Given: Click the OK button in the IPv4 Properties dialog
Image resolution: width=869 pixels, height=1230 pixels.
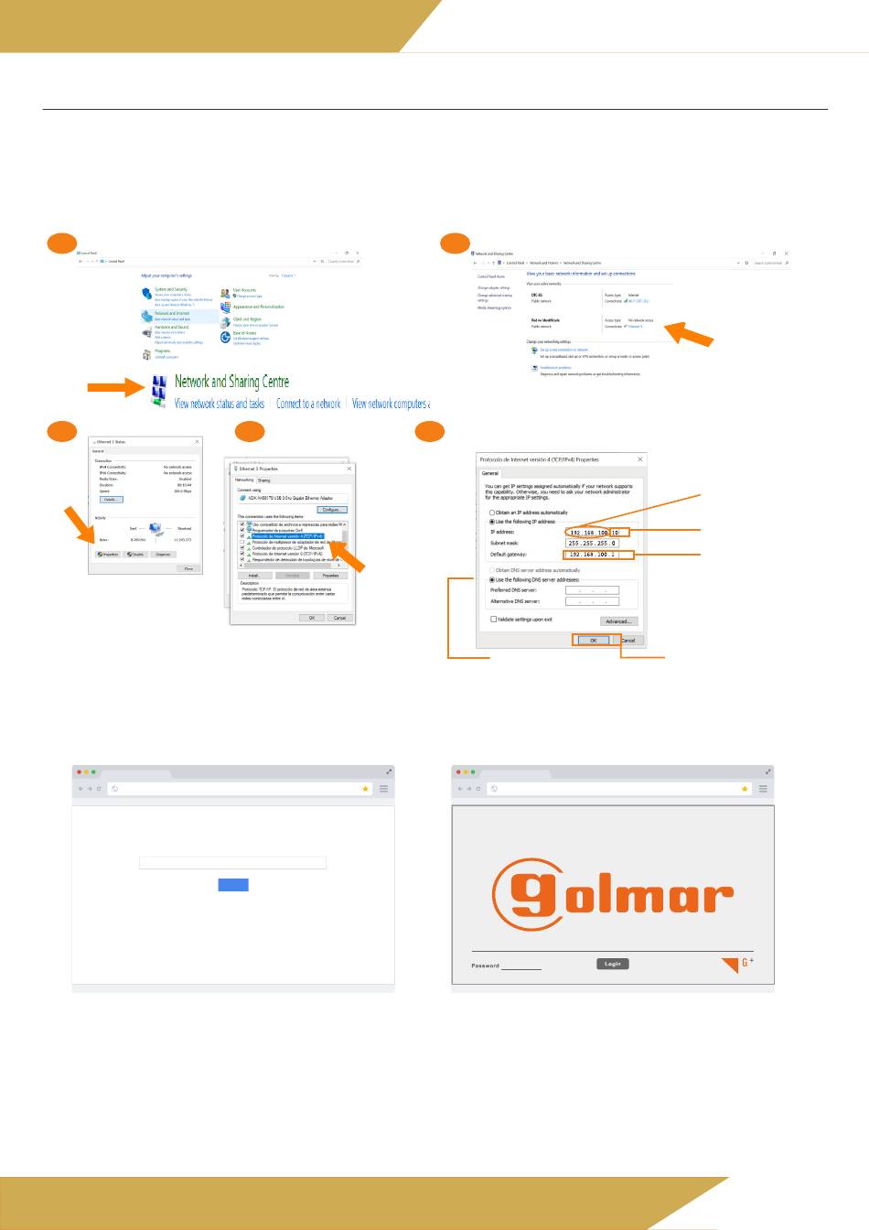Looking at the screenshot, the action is click(x=594, y=641).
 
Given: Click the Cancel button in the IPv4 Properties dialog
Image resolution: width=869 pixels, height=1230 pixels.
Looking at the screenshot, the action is click(x=628, y=641).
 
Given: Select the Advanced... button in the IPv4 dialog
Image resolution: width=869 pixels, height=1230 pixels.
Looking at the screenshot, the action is click(x=618, y=621).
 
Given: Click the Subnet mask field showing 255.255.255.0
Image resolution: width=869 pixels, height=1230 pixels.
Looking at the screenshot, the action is click(x=593, y=544).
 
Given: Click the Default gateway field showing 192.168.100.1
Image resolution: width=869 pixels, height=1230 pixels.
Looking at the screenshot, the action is click(x=593, y=555).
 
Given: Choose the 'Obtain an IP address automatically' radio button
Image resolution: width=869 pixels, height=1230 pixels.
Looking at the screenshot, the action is click(x=492, y=512).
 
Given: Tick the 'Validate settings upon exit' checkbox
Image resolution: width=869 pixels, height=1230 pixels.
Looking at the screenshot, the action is click(x=494, y=620).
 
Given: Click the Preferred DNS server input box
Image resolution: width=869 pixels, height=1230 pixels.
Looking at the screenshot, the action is click(x=592, y=590).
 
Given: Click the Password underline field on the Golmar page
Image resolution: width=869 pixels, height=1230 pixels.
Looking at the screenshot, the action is click(x=521, y=966).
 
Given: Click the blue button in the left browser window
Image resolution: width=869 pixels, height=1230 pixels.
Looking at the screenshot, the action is click(x=233, y=884).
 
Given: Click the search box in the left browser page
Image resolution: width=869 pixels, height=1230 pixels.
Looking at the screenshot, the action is click(x=232, y=862).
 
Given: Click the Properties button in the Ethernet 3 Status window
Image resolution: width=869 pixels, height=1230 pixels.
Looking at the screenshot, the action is click(x=108, y=555).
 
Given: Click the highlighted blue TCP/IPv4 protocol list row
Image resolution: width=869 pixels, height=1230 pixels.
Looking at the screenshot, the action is click(x=287, y=536).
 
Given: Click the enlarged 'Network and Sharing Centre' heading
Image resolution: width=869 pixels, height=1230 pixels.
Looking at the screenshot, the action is click(x=232, y=382).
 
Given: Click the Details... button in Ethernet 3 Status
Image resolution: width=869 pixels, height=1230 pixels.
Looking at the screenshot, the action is click(x=112, y=500).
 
